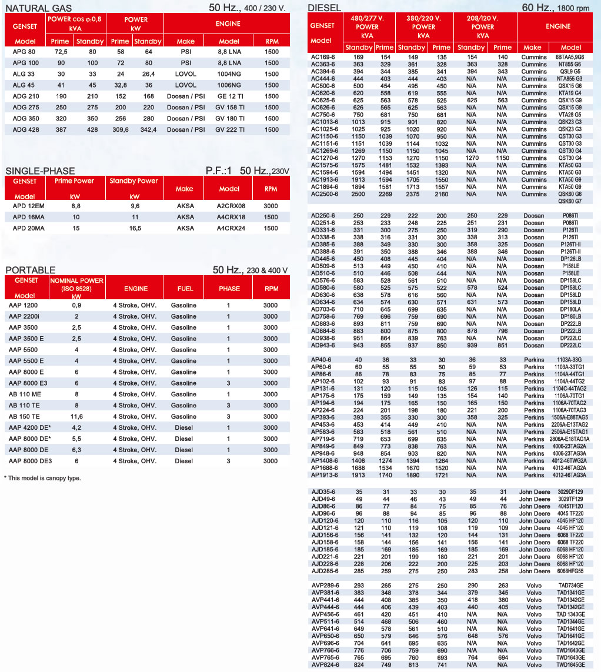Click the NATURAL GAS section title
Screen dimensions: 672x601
coord(39,8)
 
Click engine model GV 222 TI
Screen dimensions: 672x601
coord(229,129)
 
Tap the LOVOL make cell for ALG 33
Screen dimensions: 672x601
coord(186,74)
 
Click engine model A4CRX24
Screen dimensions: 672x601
coord(229,228)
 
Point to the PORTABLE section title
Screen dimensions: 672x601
coord(31,270)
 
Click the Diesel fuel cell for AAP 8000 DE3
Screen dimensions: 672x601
coord(184,461)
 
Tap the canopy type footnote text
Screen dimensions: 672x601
coord(42,478)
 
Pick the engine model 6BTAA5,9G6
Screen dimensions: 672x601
coord(570,57)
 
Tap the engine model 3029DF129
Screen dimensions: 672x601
coord(570,492)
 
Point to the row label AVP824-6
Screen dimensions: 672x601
coord(325,665)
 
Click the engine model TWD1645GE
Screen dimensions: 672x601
coord(570,665)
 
